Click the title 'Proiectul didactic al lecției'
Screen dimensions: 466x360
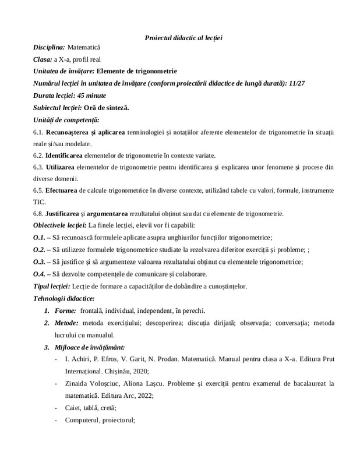(x=184, y=38)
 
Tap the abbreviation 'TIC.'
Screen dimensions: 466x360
(x=38, y=200)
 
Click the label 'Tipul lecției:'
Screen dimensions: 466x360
(x=52, y=285)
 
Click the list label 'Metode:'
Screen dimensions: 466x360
(x=66, y=322)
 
